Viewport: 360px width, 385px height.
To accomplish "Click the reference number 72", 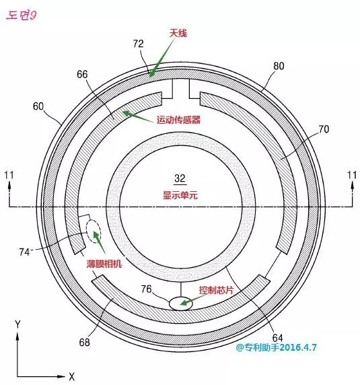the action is pyautogui.click(x=138, y=44).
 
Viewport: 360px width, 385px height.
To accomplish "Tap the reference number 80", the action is pyautogui.click(x=279, y=66).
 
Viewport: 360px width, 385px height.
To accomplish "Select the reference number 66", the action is pyautogui.click(x=82, y=74).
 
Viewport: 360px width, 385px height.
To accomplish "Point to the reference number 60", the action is pyautogui.click(x=38, y=106).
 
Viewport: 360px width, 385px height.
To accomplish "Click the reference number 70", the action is pyautogui.click(x=324, y=129).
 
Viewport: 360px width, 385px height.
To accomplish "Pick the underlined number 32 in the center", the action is pyautogui.click(x=180, y=178).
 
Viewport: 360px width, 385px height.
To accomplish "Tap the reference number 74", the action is pyautogui.click(x=24, y=252).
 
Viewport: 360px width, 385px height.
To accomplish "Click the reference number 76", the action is pyautogui.click(x=146, y=289).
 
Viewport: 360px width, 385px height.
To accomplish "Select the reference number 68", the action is pyautogui.click(x=84, y=343).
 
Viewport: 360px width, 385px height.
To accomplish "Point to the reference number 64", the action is pyautogui.click(x=277, y=338).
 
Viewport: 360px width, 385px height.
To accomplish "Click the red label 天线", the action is pyautogui.click(x=178, y=33).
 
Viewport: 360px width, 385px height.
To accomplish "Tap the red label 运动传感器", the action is pyautogui.click(x=178, y=120).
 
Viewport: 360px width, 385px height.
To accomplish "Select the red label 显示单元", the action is pyautogui.click(x=180, y=195).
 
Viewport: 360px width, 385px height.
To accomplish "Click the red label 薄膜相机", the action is pyautogui.click(x=104, y=264).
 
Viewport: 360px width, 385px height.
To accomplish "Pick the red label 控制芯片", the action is pyautogui.click(x=216, y=290).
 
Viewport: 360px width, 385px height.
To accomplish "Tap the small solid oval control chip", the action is pyautogui.click(x=181, y=304).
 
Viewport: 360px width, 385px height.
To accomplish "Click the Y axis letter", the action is pyautogui.click(x=17, y=325).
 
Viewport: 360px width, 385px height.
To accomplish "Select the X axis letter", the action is pyautogui.click(x=71, y=376).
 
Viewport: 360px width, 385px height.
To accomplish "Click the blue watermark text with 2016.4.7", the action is pyautogui.click(x=277, y=347).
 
